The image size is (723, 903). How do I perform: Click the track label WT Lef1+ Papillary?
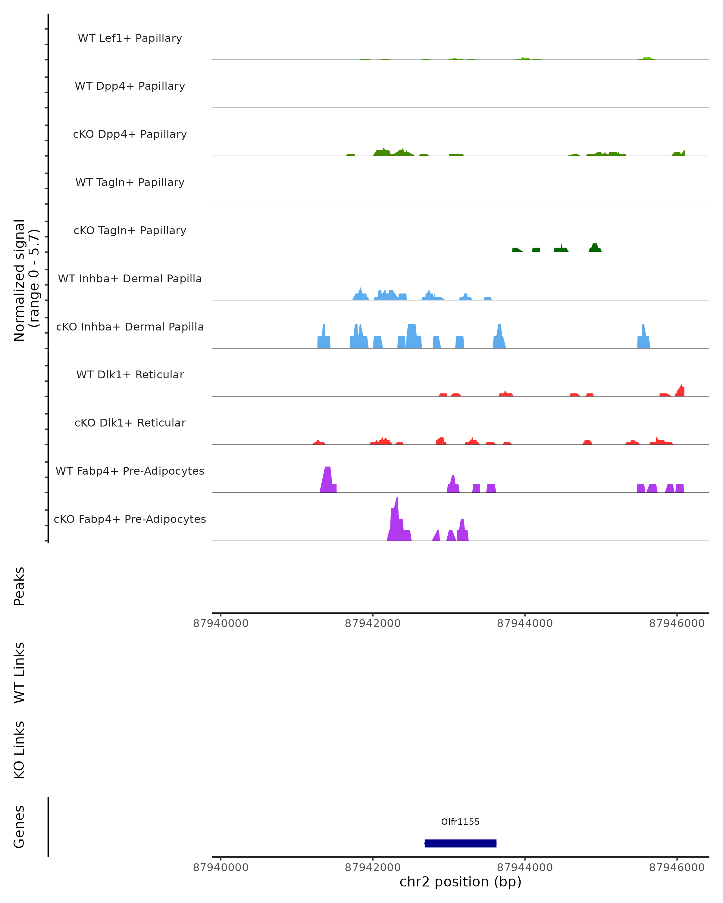[x=130, y=38]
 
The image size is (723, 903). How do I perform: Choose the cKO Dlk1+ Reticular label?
[x=130, y=423]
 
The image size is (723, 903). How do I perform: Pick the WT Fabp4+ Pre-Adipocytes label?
[x=130, y=471]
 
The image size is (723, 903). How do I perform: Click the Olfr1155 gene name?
[x=460, y=821]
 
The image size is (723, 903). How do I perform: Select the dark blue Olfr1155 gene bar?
[x=460, y=843]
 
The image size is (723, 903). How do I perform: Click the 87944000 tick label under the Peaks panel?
[x=525, y=623]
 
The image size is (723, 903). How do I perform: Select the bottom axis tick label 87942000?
[x=373, y=867]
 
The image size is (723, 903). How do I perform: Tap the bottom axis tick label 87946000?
[x=677, y=867]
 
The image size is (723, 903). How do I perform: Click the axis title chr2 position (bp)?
[x=460, y=882]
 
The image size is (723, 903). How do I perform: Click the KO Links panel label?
[x=19, y=750]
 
